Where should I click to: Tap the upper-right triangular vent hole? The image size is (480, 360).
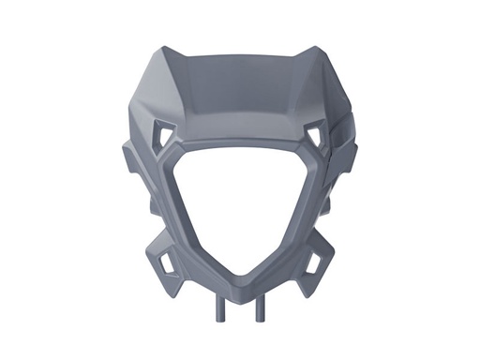(314, 137)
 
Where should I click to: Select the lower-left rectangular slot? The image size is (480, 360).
(166, 262)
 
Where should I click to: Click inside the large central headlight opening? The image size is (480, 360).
(240, 206)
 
